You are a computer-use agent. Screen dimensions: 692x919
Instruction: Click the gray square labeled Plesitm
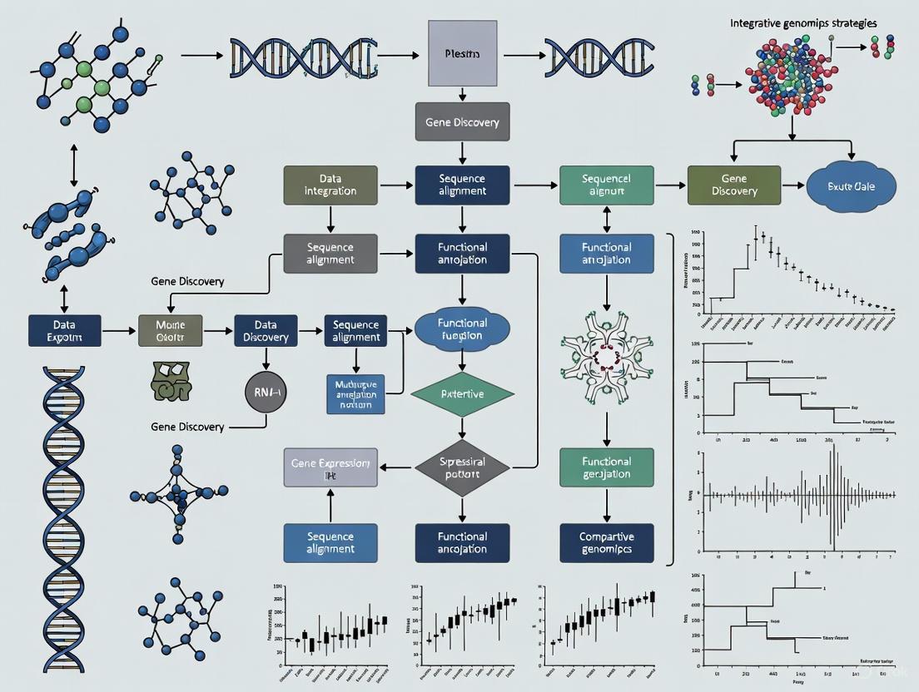[462, 53]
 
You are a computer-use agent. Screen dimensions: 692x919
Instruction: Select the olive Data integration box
[330, 185]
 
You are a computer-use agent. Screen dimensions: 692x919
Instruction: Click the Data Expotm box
[64, 330]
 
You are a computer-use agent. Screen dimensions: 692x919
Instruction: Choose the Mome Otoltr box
[169, 330]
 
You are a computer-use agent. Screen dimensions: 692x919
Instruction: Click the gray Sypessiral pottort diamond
[461, 467]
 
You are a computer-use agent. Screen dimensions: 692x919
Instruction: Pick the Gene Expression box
[330, 467]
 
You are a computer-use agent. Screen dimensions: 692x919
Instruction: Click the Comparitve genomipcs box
[606, 543]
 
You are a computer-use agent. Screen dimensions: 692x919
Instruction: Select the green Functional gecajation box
[606, 467]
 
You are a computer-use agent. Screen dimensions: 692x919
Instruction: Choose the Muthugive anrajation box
[356, 393]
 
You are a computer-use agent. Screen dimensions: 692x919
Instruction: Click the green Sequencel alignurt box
[606, 185]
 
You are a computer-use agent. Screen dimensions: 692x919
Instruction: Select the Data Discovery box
[266, 330]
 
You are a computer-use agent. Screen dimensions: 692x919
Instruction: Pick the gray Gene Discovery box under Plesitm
[462, 122]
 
